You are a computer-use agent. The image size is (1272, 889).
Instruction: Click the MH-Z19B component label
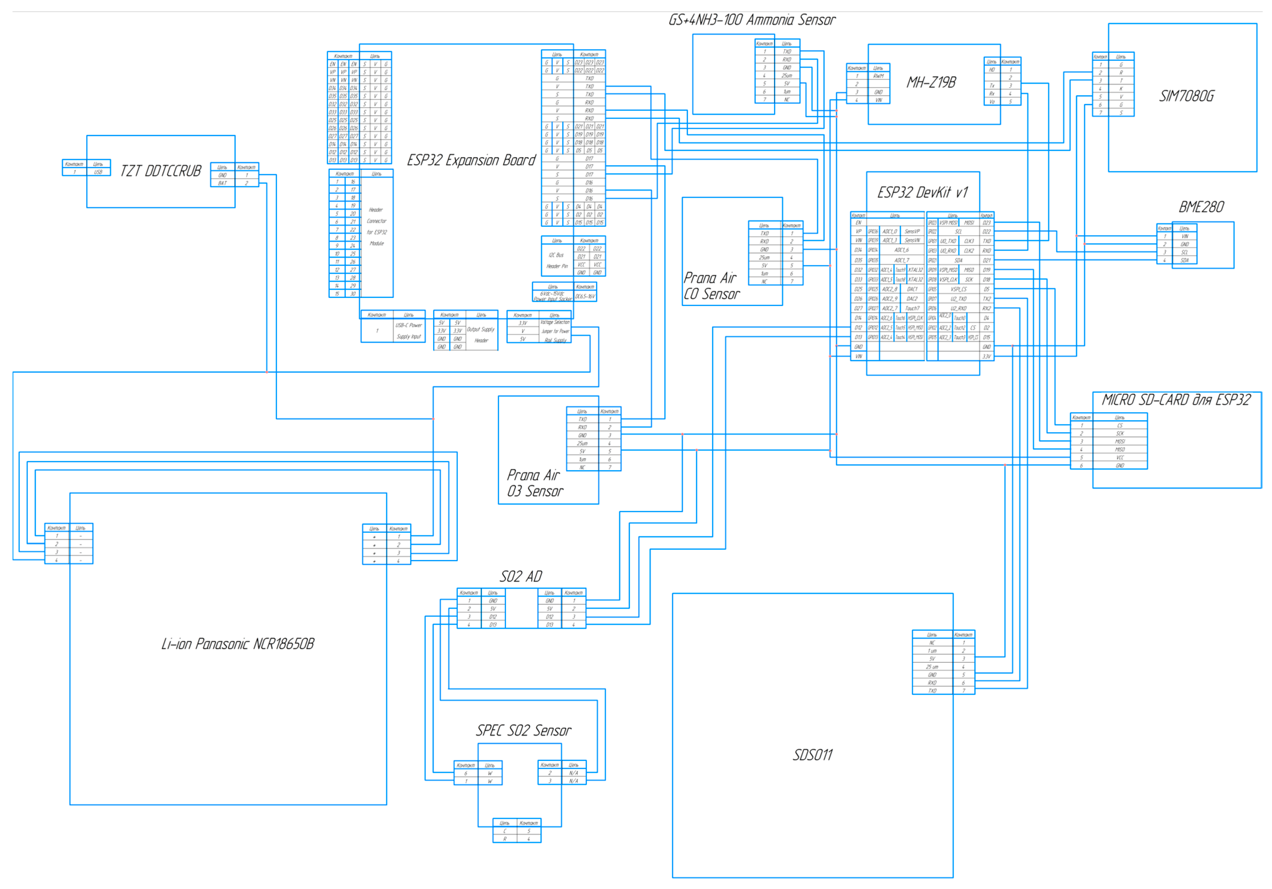click(931, 83)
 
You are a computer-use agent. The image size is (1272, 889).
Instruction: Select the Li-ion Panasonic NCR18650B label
click(238, 644)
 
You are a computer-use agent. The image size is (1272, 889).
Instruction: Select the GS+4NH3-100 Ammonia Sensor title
click(752, 20)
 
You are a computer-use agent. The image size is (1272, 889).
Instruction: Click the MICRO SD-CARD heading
click(1176, 400)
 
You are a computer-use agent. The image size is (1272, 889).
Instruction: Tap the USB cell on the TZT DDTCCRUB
click(98, 172)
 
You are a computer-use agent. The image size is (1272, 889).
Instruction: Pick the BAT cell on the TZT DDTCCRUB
click(222, 183)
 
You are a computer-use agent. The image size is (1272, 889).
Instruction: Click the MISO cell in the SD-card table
click(1120, 450)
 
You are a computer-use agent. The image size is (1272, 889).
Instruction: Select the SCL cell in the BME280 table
click(1184, 252)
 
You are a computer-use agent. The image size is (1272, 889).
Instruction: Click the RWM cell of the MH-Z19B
click(879, 76)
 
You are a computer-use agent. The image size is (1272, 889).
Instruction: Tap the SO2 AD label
click(521, 576)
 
